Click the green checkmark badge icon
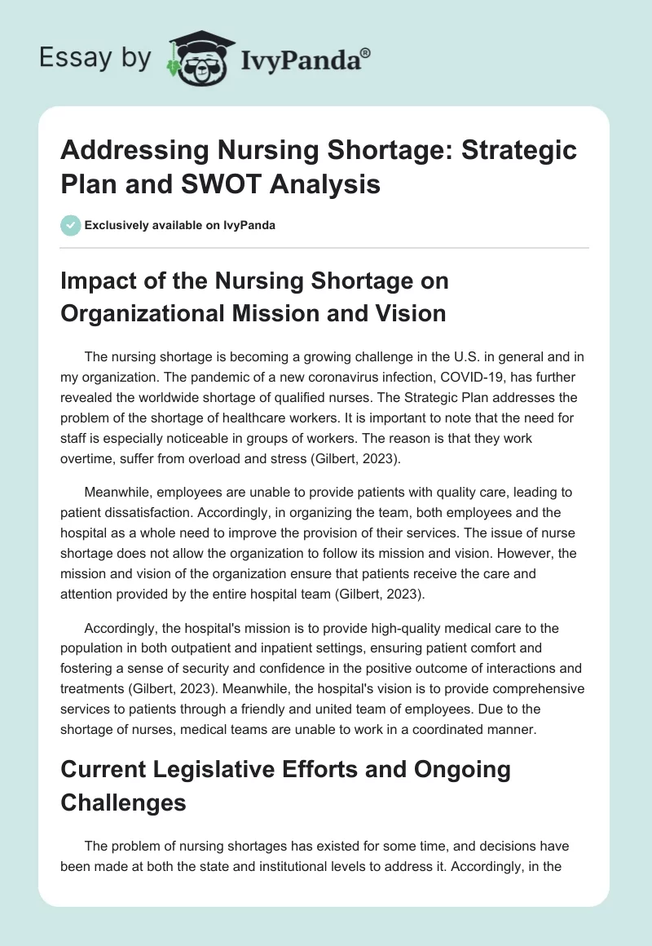[70, 225]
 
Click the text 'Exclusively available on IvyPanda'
[179, 226]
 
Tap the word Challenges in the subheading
[123, 802]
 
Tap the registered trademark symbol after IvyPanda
[367, 51]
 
